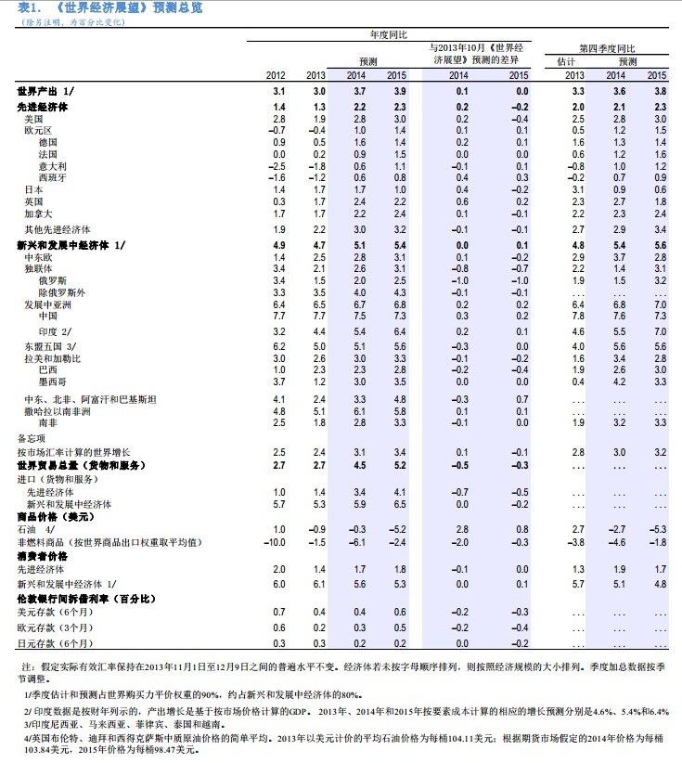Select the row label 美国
click(34, 120)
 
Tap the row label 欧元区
click(37, 131)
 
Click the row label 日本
click(33, 189)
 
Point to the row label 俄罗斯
click(52, 279)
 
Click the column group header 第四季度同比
click(608, 47)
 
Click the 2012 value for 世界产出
click(277, 91)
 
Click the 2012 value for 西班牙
click(276, 176)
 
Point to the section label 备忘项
click(31, 436)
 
